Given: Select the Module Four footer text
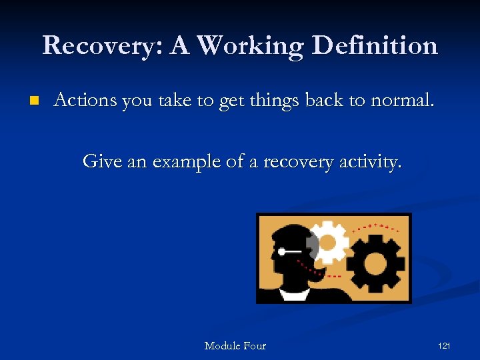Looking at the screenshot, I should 235,345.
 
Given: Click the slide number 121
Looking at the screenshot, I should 444,345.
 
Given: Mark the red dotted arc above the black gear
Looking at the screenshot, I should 377,226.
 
